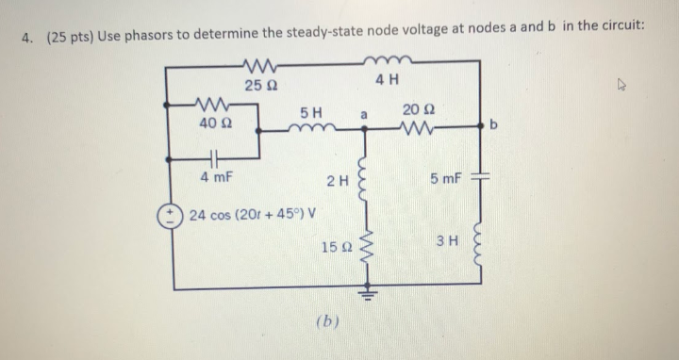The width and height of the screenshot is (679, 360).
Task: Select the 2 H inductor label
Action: click(x=337, y=180)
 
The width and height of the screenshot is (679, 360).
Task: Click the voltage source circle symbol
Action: click(x=176, y=214)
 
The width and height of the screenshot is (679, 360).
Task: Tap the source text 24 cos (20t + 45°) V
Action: click(x=254, y=214)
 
